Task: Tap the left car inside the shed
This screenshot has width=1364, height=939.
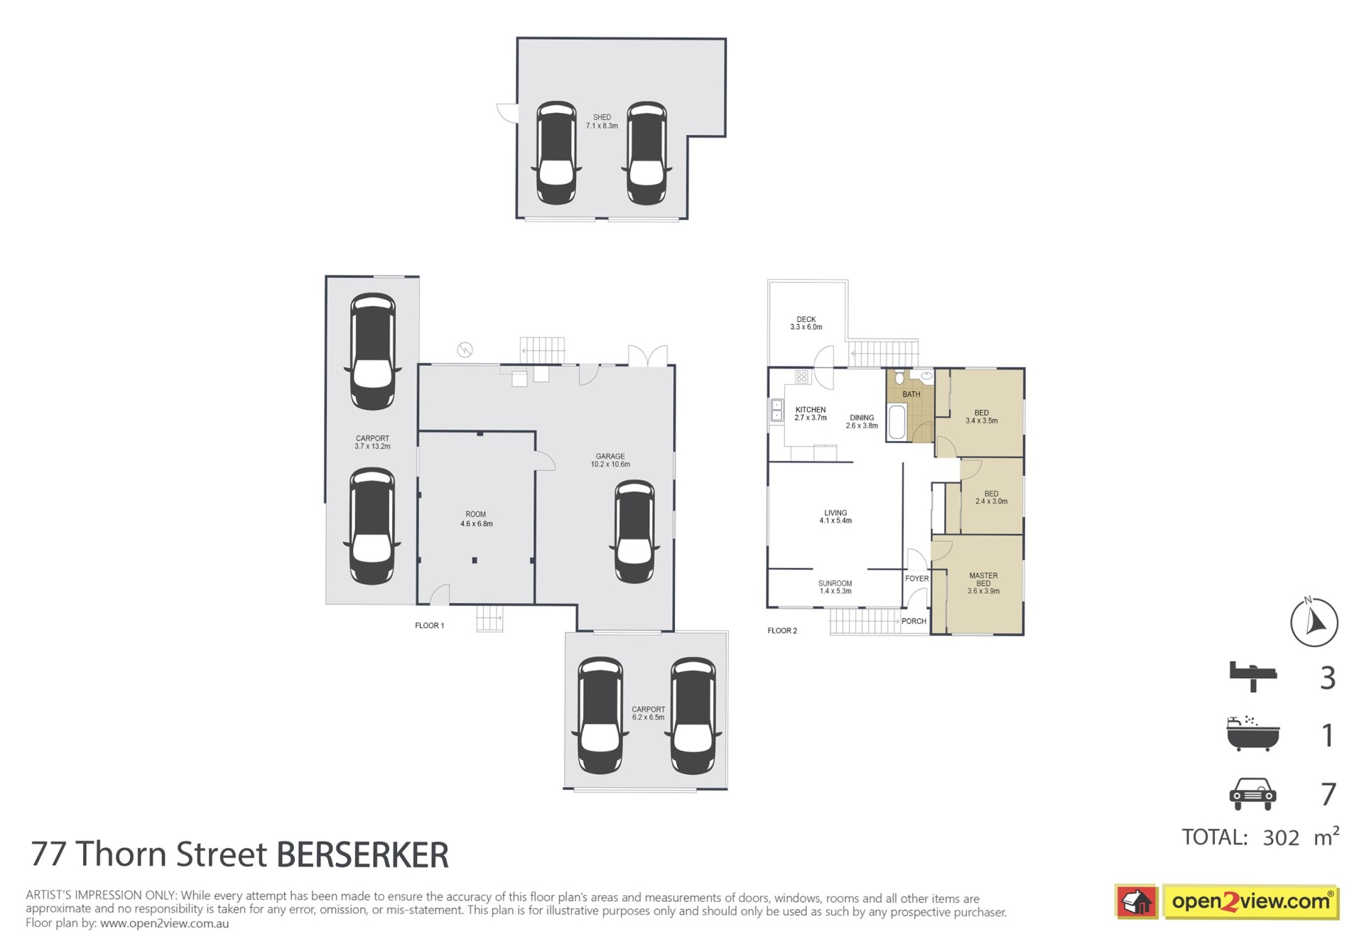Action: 556,153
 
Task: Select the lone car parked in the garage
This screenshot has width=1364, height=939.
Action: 634,531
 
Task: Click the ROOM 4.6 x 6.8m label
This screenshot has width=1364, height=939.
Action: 476,519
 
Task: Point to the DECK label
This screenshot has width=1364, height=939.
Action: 806,319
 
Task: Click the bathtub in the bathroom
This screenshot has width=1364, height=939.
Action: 897,421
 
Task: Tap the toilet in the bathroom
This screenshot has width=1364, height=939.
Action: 899,377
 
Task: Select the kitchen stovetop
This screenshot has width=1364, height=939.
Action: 801,377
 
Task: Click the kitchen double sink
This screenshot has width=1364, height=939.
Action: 776,411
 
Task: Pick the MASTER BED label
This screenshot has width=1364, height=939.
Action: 983,580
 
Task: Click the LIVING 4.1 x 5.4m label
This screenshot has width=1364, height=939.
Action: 835,516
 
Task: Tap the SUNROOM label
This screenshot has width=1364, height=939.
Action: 835,583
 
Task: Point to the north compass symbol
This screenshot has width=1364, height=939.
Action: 1314,622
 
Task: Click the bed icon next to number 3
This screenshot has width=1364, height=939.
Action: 1252,675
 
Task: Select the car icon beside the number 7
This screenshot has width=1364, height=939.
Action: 1252,793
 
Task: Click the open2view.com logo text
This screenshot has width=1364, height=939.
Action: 1250,902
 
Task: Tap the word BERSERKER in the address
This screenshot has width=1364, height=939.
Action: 362,854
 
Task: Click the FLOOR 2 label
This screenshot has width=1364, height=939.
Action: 782,631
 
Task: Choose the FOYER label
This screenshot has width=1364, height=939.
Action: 916,578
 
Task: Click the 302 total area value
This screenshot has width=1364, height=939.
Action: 1281,837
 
